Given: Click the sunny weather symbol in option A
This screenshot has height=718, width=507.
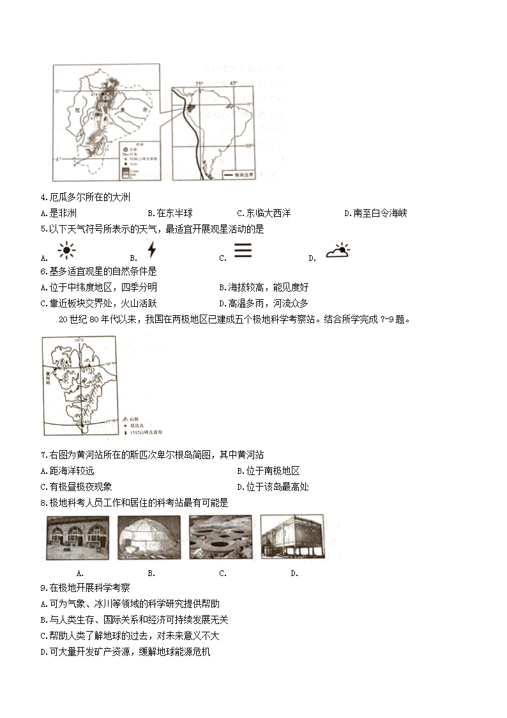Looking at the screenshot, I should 66,251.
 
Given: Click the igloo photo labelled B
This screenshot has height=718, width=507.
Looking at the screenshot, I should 149,538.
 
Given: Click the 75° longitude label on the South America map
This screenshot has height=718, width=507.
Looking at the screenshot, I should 199,84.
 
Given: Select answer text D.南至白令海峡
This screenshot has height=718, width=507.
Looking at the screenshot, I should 375,214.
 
